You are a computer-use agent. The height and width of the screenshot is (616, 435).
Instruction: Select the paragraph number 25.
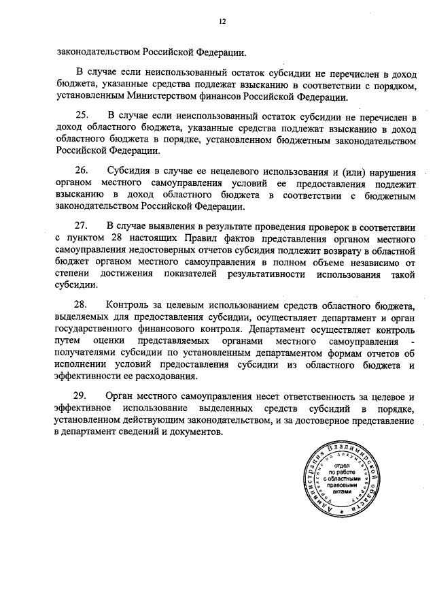pyautogui.click(x=82, y=115)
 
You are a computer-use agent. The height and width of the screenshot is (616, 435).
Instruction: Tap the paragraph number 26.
pyautogui.click(x=82, y=170)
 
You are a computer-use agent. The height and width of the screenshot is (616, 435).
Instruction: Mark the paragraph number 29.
pyautogui.click(x=82, y=395)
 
